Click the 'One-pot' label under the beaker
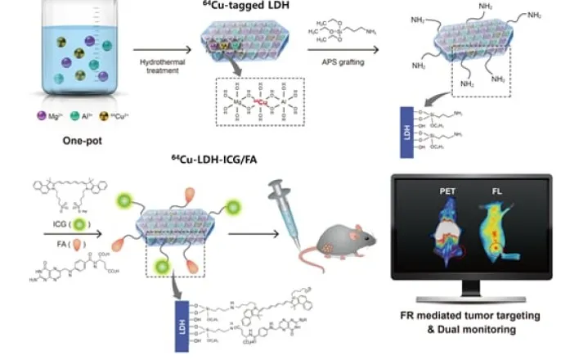[74, 140]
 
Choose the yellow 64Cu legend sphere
[101, 118]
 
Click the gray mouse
[343, 241]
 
